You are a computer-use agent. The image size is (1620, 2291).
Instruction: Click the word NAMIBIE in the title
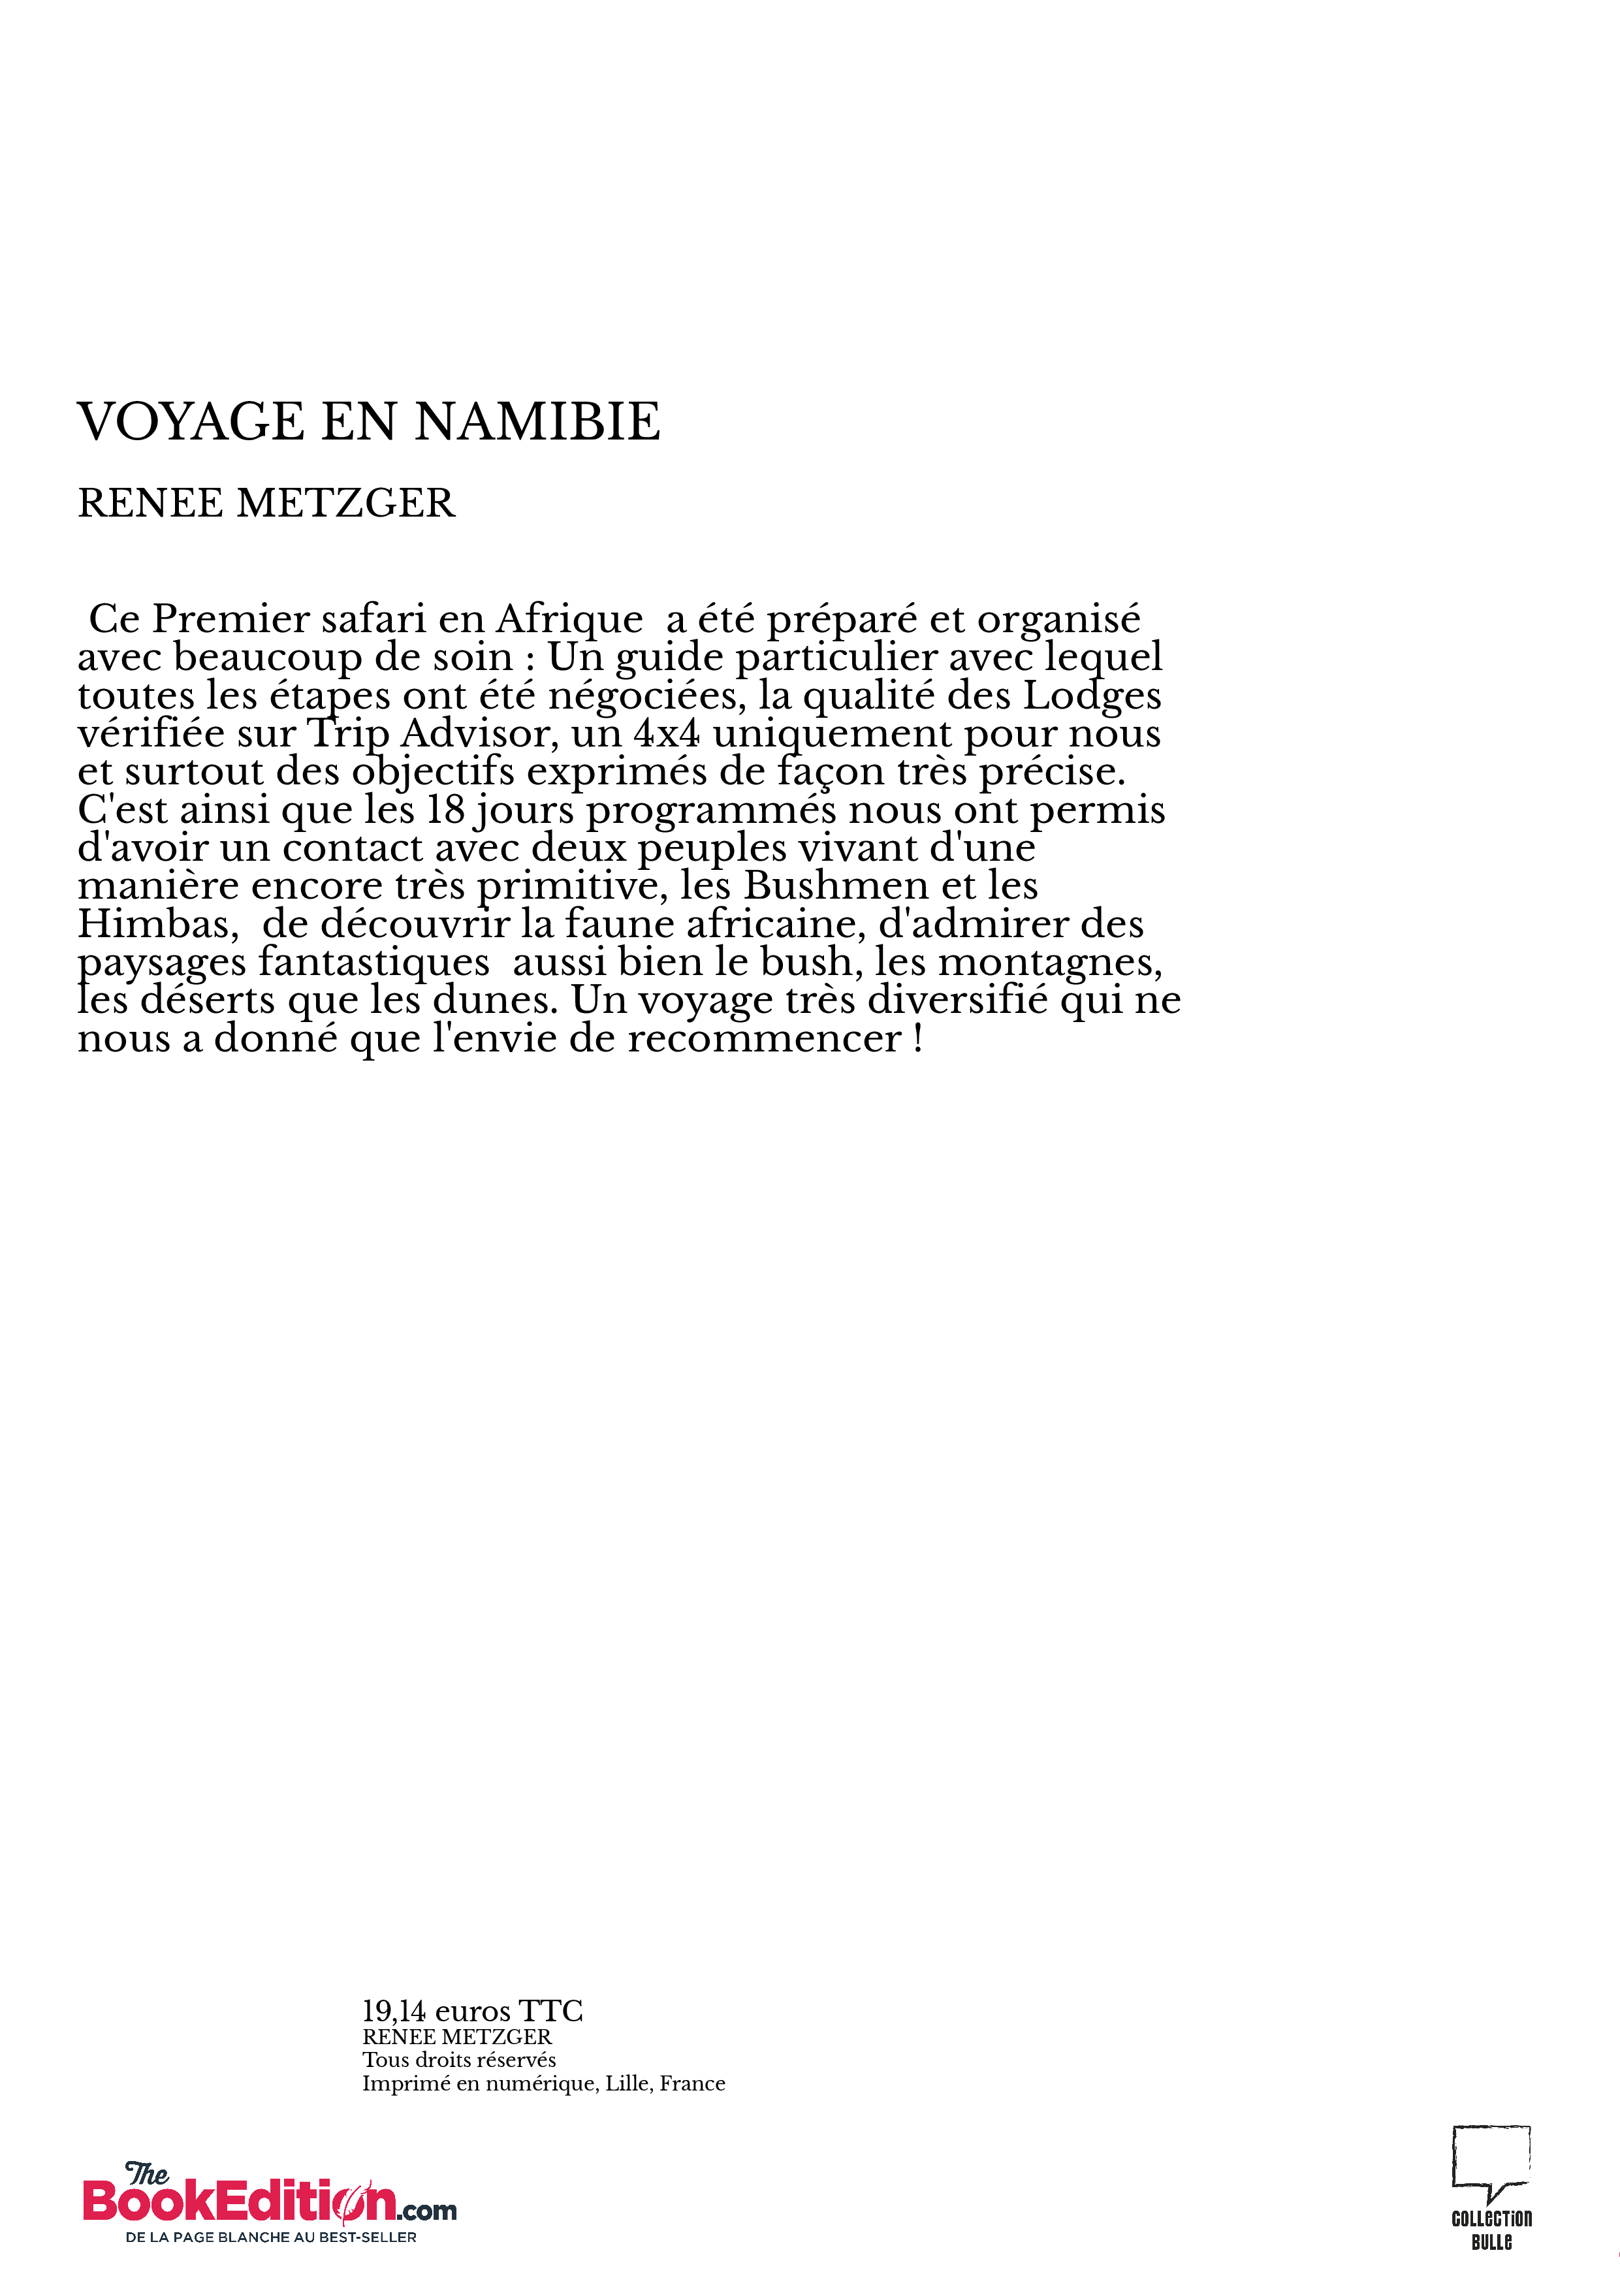(537, 421)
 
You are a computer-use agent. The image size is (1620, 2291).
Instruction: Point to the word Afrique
(569, 620)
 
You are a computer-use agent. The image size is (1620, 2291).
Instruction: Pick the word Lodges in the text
(1092, 696)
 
